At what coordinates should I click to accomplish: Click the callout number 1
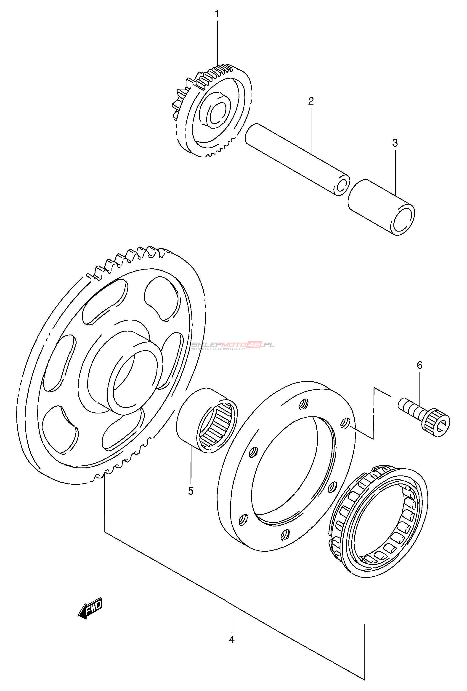[217, 14]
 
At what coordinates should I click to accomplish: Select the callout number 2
[311, 101]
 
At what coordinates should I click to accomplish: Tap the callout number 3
[395, 143]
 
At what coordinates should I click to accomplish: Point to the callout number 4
[232, 640]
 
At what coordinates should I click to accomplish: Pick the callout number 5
[191, 491]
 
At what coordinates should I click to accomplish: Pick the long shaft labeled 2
[297, 159]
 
